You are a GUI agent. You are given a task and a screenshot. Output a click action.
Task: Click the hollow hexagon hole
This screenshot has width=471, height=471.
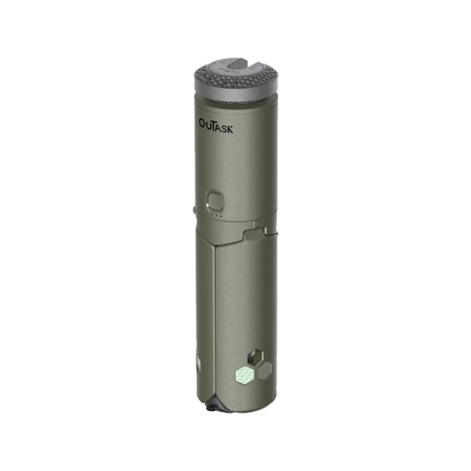click(257, 357)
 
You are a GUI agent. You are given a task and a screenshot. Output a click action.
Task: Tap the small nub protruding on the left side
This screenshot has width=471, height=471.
click(193, 209)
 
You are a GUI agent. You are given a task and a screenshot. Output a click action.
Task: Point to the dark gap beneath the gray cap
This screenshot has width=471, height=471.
click(235, 101)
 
